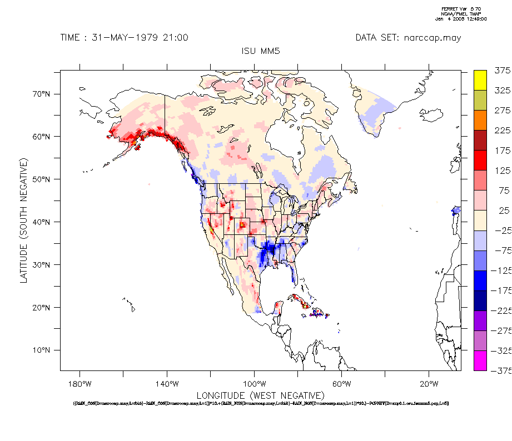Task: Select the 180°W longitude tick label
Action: [79, 384]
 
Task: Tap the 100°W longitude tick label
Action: [253, 384]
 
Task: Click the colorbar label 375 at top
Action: [502, 71]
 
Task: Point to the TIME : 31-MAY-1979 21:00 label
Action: [124, 38]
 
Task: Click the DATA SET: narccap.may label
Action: [408, 38]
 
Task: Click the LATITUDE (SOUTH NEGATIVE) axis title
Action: [24, 220]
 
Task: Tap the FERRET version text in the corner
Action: [463, 9]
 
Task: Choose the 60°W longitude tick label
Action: [341, 384]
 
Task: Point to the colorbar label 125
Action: [502, 171]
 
